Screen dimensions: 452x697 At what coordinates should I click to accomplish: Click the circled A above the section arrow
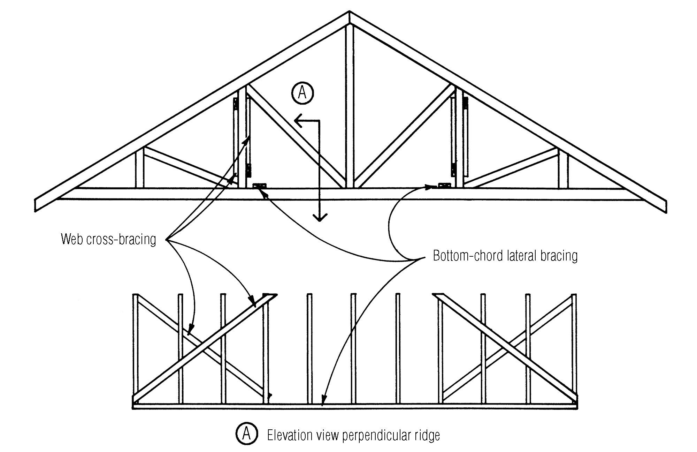click(302, 93)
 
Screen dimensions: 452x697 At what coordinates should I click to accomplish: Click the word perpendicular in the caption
click(377, 435)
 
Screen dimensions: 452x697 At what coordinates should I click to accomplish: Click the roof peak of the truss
click(350, 14)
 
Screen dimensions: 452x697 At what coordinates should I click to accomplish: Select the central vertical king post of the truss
click(350, 105)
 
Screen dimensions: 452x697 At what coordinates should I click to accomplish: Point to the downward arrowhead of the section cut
click(320, 218)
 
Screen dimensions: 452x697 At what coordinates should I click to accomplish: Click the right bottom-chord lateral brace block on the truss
click(444, 186)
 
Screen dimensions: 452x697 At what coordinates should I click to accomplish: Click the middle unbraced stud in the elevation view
click(353, 349)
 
